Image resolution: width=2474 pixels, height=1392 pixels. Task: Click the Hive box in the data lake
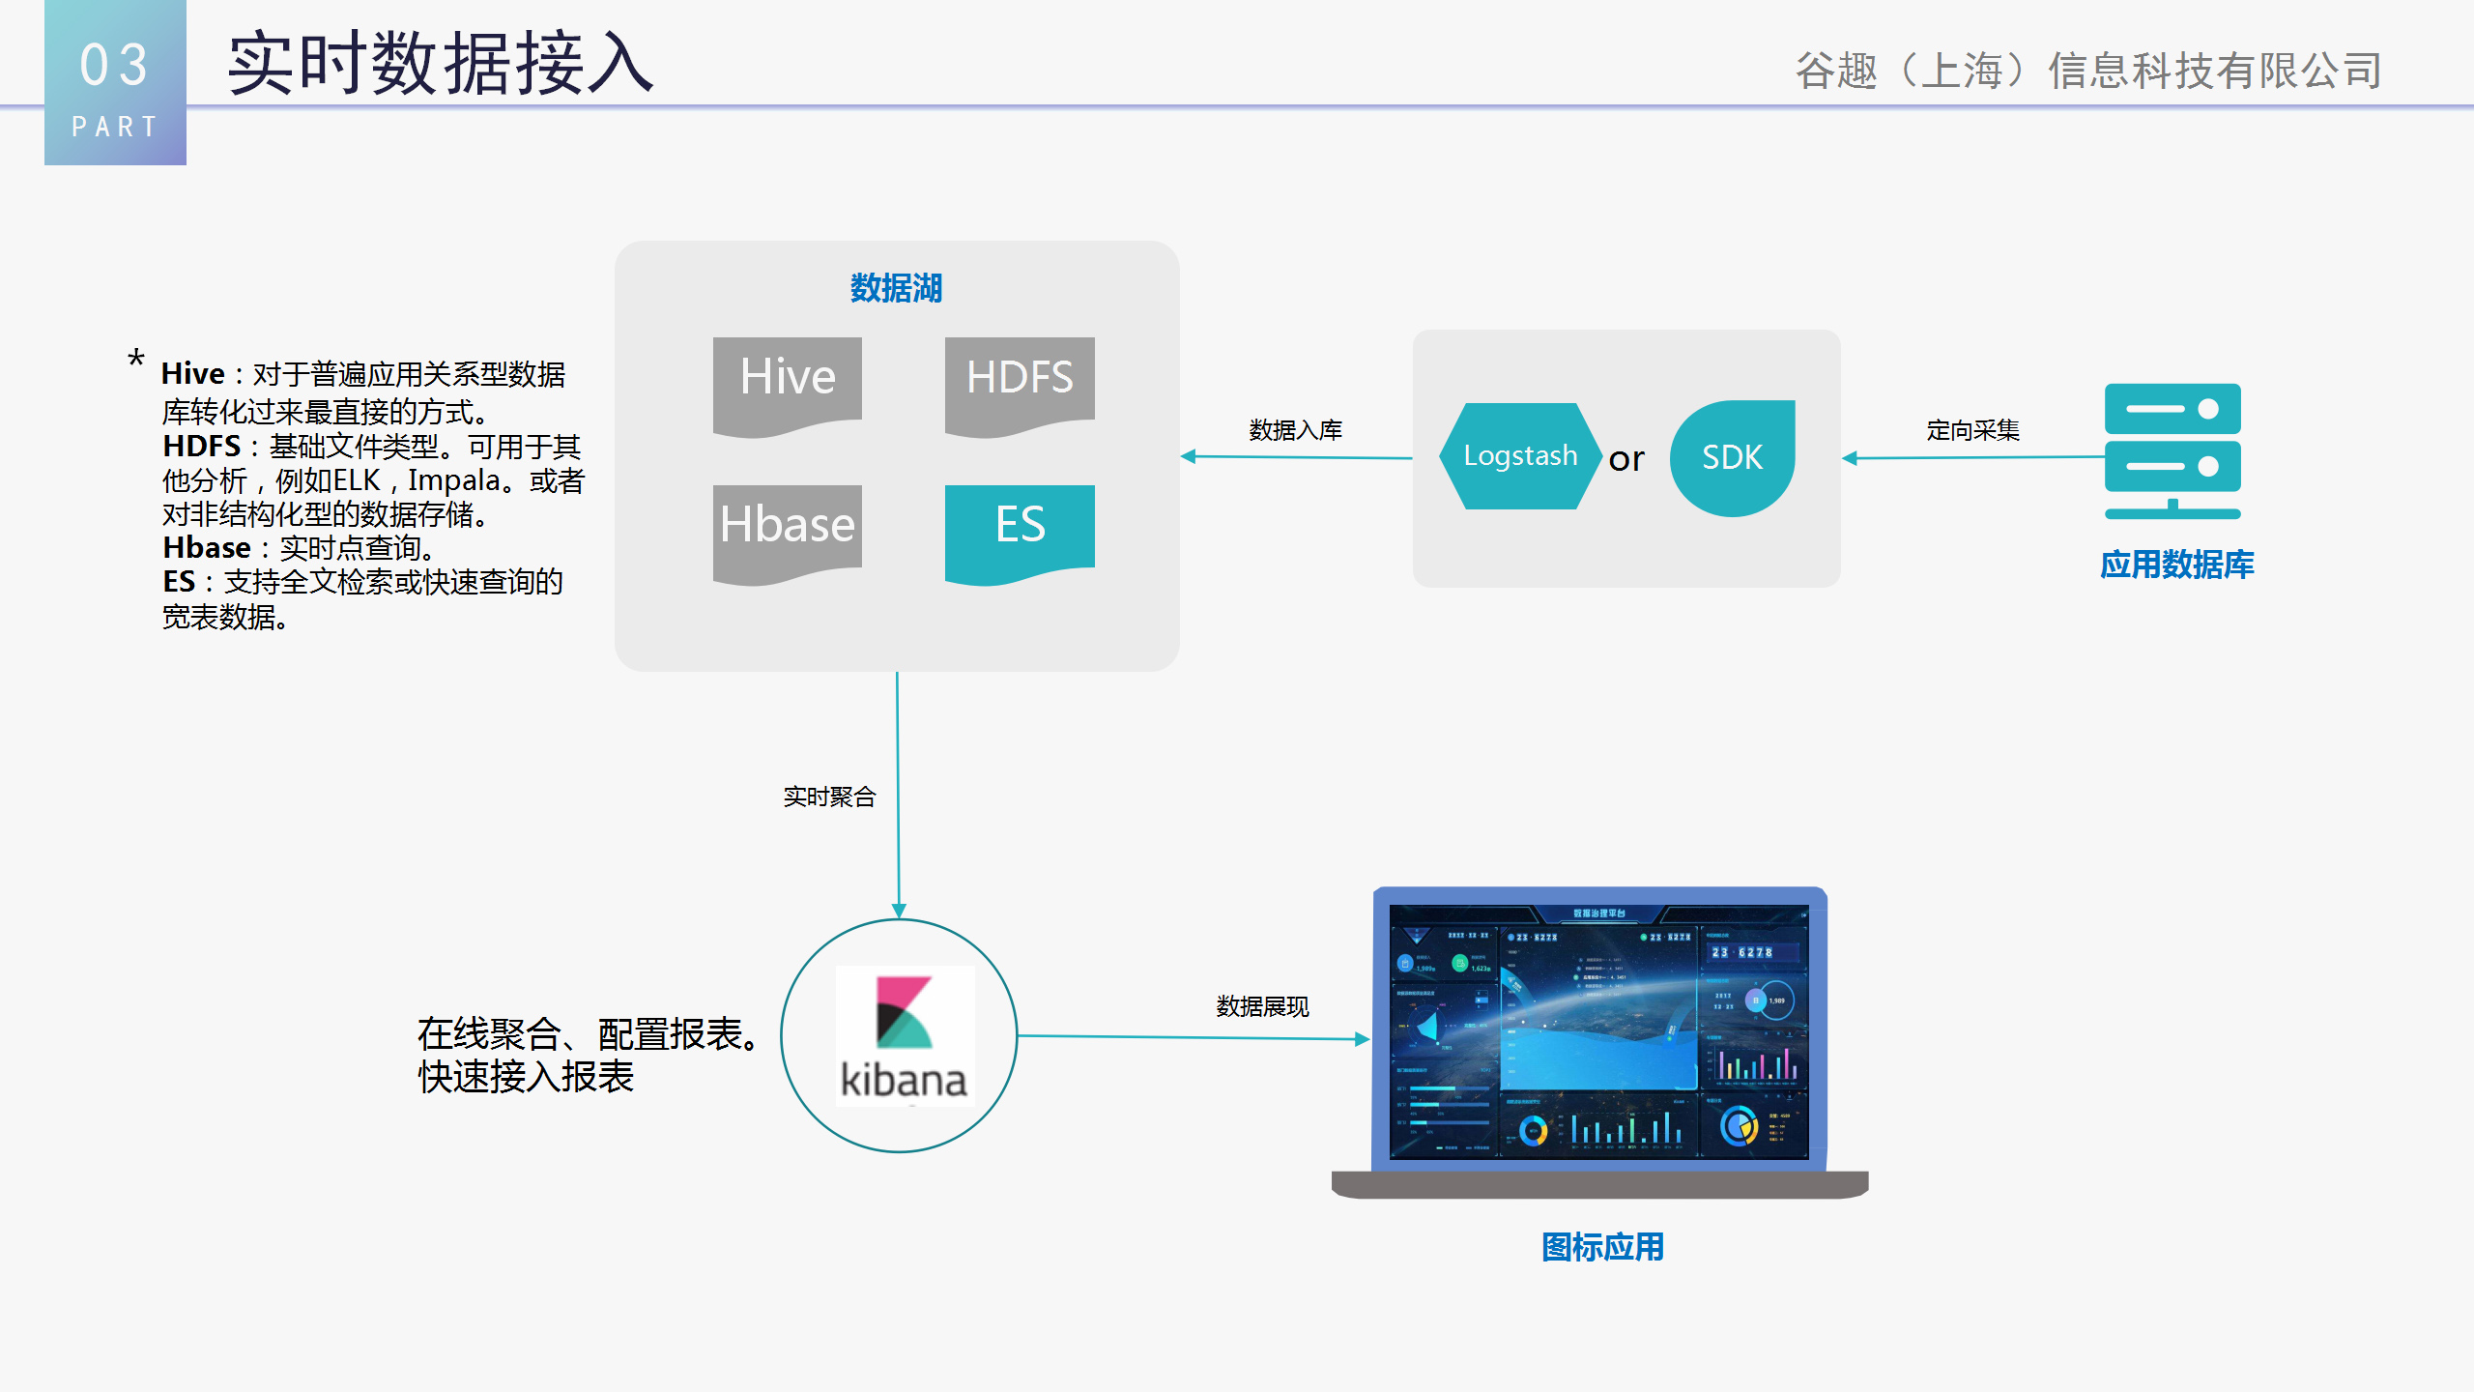pos(787,381)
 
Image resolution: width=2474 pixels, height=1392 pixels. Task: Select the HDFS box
pos(1020,381)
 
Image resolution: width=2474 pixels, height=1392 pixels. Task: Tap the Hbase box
pos(787,529)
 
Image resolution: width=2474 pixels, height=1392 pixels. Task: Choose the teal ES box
pos(1020,529)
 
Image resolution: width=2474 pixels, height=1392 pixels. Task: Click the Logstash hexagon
pos(1519,456)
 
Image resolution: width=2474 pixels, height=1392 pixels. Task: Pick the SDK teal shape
pos(1732,457)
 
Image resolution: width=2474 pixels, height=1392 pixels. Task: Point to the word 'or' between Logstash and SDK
pos(1626,459)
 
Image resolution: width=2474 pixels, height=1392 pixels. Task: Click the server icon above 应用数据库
pos(2172,450)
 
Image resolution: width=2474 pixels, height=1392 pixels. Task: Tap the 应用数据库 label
pos(2176,565)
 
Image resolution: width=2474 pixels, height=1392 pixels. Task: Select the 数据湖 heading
pos(896,288)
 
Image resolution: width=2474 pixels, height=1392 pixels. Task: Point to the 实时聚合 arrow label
pos(829,797)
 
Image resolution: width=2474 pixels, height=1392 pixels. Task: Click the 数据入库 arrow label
pos(1295,430)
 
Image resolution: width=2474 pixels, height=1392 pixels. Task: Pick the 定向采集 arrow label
pos(1972,430)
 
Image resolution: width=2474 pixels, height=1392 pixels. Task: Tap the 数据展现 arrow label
pos(1262,1007)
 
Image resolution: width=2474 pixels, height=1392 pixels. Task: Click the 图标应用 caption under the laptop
pos(1602,1247)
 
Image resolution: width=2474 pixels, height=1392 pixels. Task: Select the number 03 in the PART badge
pos(114,66)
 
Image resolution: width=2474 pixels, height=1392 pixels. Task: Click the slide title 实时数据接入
pos(441,64)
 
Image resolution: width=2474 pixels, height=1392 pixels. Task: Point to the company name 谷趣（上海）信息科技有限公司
pos(2087,71)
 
